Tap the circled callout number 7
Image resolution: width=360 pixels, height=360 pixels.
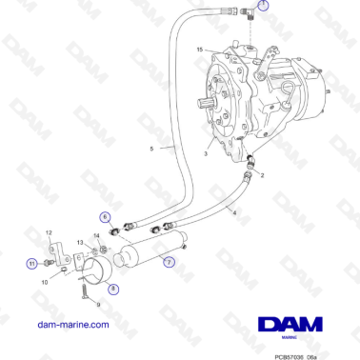(x=169, y=262)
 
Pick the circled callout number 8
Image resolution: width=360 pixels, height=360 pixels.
(x=112, y=289)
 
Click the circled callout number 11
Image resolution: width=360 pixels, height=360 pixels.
(x=30, y=264)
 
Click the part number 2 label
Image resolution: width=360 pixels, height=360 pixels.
(x=263, y=178)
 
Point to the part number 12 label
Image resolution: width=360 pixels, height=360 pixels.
(x=49, y=231)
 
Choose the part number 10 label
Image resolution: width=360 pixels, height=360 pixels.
(x=44, y=282)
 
